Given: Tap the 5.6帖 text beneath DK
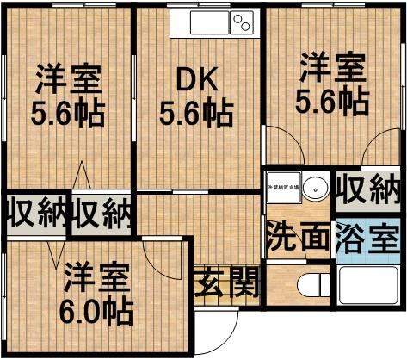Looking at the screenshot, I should [x=197, y=112].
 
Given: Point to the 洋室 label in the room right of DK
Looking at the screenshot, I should [x=332, y=68].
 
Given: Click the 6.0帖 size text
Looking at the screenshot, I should [x=97, y=310].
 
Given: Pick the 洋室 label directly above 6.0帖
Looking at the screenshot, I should [x=97, y=277].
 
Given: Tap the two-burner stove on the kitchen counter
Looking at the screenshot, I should [x=239, y=22].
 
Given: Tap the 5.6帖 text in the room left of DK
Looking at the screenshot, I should [x=69, y=113].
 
